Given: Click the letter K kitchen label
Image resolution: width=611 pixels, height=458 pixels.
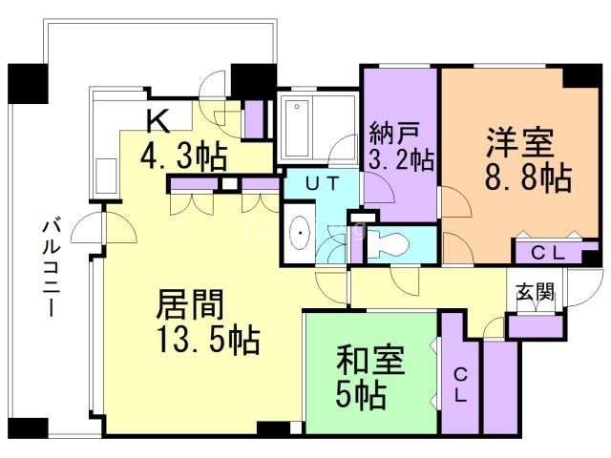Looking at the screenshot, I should point(158,119).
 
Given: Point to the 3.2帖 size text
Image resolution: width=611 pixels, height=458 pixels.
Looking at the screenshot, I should point(401,158).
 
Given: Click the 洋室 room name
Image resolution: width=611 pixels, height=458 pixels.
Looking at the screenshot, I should point(519,143).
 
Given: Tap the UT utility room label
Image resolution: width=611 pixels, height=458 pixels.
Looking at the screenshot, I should point(318,183).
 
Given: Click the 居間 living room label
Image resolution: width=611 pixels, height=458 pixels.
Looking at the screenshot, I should point(190,305).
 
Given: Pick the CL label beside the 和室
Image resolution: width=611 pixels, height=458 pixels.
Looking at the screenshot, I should point(459,385).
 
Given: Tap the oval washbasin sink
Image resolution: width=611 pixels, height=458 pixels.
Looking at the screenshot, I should point(301,233).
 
